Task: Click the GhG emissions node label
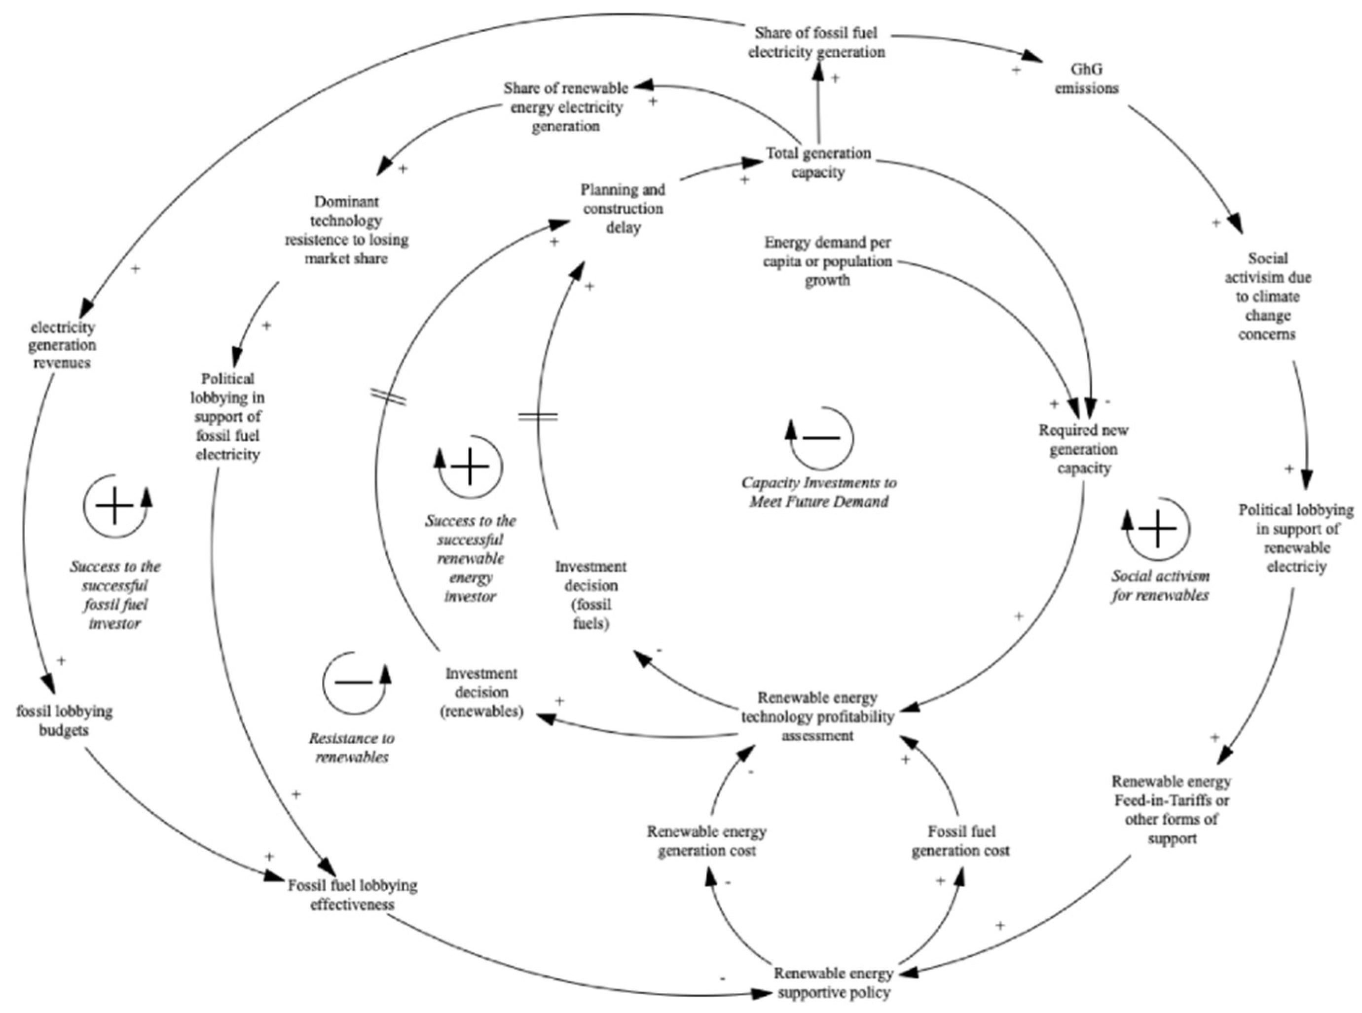1086,79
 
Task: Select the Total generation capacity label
817,162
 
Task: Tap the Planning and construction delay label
623,209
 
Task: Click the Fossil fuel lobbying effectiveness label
353,895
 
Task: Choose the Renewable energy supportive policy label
833,982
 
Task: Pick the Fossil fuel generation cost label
960,841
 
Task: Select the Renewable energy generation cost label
706,841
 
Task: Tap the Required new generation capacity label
1083,449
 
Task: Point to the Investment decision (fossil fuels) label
590,595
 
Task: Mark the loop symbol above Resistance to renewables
355,682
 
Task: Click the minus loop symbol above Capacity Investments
820,437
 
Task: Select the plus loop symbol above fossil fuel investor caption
116,507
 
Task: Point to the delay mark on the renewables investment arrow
388,397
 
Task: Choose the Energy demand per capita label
827,261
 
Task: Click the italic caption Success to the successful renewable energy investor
470,558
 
